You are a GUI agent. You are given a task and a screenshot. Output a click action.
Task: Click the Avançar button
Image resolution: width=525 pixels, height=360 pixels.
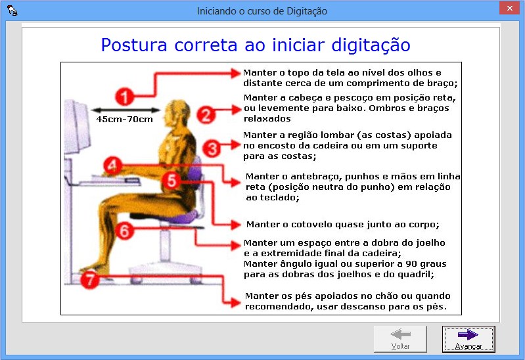[468, 339]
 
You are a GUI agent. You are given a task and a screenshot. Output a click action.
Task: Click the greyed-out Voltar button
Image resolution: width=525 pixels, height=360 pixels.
[400, 339]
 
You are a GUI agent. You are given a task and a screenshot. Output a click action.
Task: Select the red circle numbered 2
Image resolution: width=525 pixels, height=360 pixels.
[205, 116]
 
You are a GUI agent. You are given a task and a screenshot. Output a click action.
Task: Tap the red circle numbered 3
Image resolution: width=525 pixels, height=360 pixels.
[211, 148]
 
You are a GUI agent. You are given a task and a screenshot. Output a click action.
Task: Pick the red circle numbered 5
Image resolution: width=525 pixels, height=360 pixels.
[171, 181]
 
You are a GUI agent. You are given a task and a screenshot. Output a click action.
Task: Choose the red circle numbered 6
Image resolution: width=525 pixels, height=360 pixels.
[125, 230]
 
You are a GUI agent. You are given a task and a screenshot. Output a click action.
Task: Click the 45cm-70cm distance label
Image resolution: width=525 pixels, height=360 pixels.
[125, 120]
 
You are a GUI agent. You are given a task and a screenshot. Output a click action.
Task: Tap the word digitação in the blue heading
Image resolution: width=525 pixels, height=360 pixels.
[373, 45]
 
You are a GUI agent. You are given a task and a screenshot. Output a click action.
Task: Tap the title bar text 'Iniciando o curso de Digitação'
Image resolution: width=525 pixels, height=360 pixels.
[262, 11]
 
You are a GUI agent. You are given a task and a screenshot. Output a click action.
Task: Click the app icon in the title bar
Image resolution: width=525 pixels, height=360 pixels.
[11, 11]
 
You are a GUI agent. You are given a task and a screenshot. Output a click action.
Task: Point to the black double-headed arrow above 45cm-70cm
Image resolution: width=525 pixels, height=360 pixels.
[125, 110]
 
